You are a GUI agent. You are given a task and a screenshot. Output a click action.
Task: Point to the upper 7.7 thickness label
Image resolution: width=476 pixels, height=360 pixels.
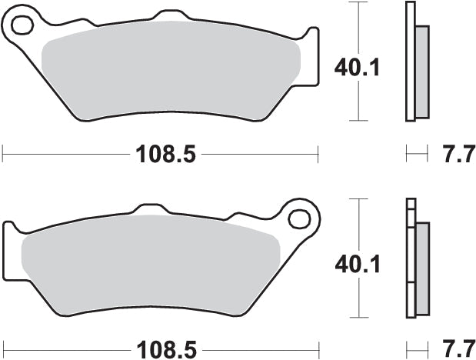click(453, 155)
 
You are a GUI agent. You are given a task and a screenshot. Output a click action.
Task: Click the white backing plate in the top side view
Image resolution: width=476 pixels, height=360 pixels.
click(409, 62)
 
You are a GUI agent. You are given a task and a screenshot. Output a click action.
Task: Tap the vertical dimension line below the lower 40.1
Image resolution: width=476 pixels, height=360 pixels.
click(357, 300)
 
